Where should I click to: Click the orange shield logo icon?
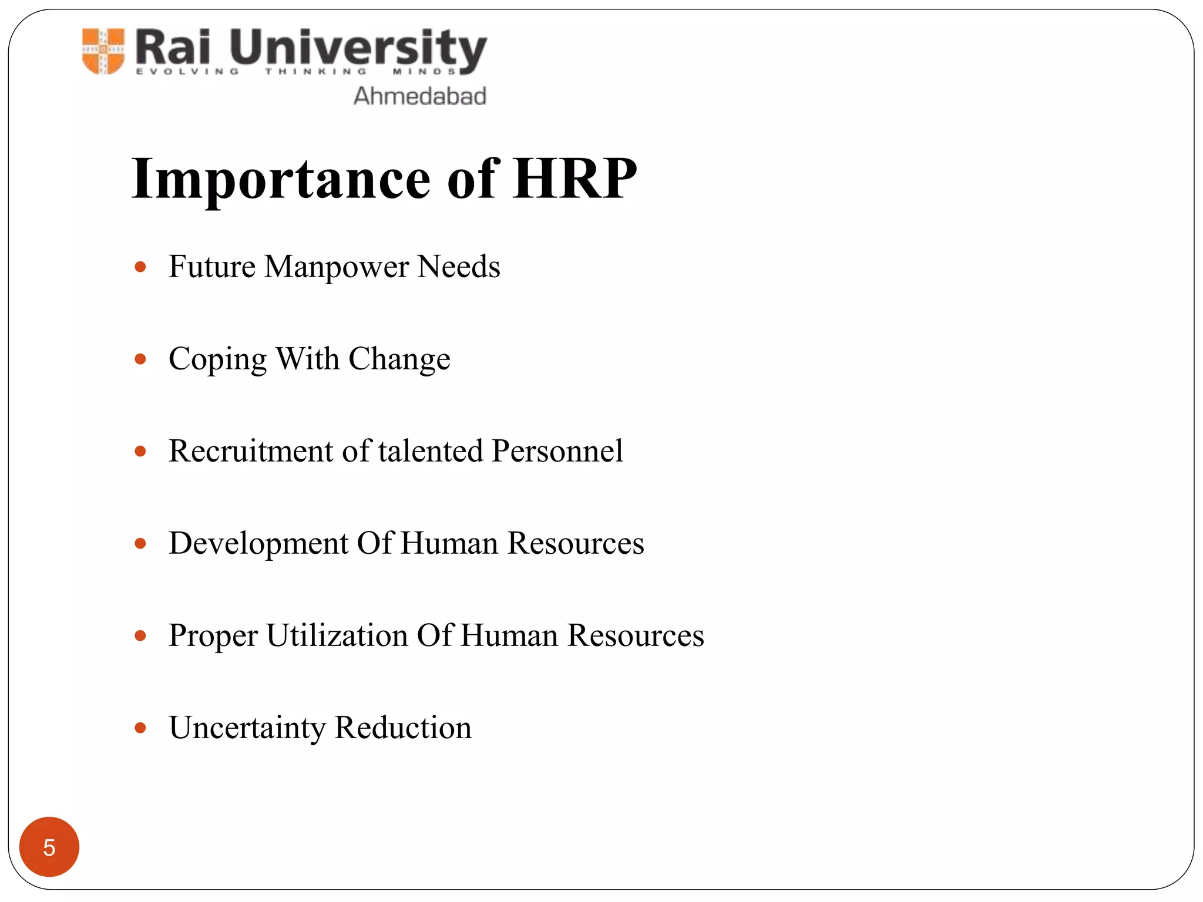pos(103,51)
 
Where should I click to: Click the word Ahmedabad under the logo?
pos(420,96)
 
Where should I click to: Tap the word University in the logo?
pos(358,48)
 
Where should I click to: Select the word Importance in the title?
pos(281,179)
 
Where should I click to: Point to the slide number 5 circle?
pos(49,847)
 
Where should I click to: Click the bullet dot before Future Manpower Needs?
pos(140,267)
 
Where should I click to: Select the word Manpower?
pos(336,267)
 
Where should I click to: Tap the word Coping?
pos(217,359)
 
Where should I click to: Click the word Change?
pos(399,359)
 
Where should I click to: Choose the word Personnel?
pos(557,451)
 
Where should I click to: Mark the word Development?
pos(258,544)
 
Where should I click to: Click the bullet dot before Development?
pos(140,543)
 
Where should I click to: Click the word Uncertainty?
pos(247,728)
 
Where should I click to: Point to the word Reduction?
pos(403,728)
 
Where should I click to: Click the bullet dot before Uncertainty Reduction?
pos(140,728)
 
